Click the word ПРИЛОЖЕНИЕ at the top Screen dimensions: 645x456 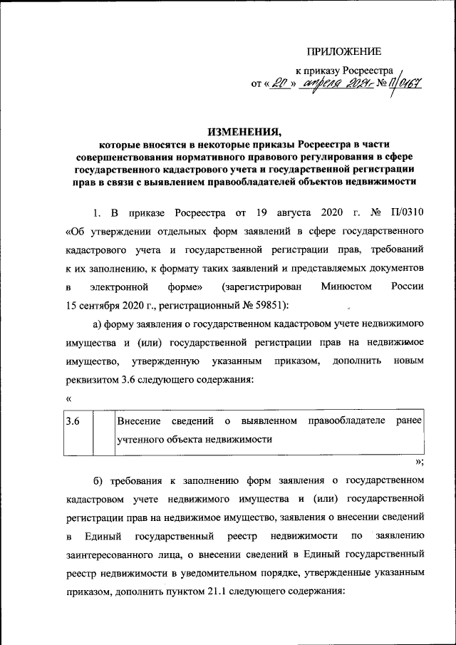tap(344, 51)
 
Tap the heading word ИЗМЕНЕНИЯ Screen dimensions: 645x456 tap(246, 131)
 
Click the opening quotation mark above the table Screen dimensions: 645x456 tap(68, 399)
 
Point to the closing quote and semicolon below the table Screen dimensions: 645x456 tap(419, 461)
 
